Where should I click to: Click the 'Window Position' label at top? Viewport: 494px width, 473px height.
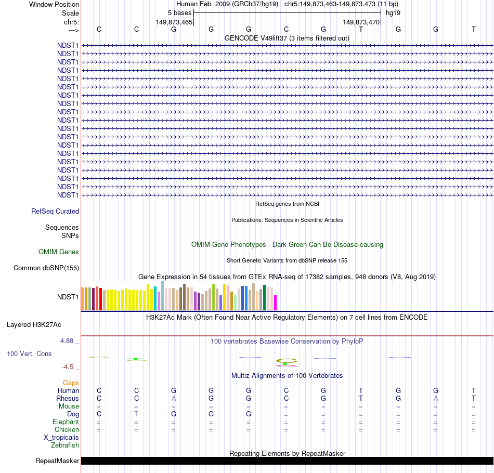[54, 4]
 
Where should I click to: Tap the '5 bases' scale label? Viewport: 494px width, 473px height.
[179, 12]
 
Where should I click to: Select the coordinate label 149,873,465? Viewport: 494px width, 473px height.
[174, 22]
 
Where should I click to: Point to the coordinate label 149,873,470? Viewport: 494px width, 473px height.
[361, 22]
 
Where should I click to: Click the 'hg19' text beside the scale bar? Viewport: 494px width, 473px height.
[393, 12]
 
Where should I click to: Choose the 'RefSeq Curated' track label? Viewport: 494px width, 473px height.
[55, 212]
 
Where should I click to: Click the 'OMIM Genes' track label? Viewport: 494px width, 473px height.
[59, 252]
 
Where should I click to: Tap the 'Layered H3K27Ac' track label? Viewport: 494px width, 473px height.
[34, 325]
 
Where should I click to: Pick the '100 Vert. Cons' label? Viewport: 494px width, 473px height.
[29, 353]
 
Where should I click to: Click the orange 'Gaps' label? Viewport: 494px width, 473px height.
[71, 383]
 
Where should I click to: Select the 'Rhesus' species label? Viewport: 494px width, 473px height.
[68, 399]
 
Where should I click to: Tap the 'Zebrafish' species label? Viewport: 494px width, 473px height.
[65, 445]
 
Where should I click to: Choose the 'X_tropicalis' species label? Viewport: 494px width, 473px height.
[61, 438]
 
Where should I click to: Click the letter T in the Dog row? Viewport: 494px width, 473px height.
[136, 414]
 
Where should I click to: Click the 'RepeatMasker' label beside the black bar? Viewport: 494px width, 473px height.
[57, 461]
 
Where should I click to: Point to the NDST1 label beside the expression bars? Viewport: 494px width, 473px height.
[68, 297]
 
